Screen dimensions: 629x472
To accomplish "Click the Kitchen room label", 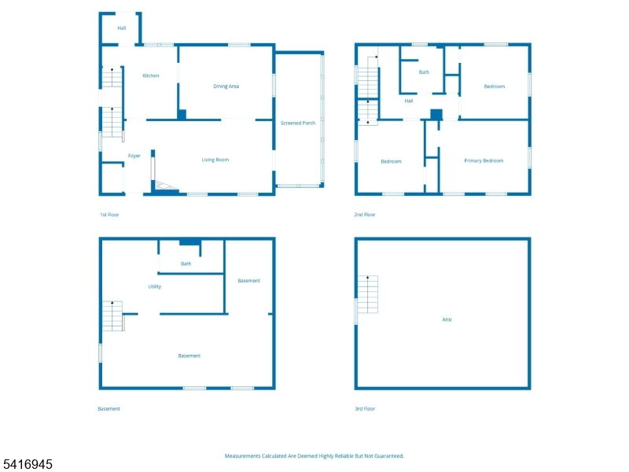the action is [x=151, y=76].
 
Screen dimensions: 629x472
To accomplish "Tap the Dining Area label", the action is [x=226, y=87].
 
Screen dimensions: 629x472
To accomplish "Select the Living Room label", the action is [x=215, y=160].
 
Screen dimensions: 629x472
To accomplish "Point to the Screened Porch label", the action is [x=298, y=124].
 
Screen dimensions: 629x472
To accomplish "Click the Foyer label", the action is [x=134, y=156].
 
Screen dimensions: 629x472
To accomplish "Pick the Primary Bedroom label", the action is [x=484, y=161].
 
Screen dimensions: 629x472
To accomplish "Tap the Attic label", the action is [x=447, y=319].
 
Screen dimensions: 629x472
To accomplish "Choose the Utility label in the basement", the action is [x=155, y=286].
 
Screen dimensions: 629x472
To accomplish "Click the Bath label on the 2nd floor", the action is [x=424, y=72].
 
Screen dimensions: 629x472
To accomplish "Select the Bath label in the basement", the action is [x=186, y=264].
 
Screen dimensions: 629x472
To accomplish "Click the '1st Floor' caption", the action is [x=109, y=215].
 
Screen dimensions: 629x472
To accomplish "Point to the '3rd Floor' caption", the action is [x=365, y=408].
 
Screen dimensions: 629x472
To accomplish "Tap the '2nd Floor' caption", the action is [x=365, y=215].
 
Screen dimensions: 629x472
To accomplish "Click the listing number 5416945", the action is [x=28, y=464].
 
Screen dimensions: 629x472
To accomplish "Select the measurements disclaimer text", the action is [x=314, y=456].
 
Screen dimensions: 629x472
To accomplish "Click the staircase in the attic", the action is [x=368, y=294].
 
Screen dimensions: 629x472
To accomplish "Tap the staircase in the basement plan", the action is [x=112, y=316].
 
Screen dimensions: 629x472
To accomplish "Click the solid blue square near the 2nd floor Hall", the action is [x=436, y=114].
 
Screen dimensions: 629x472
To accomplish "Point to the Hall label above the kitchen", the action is [x=122, y=28].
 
